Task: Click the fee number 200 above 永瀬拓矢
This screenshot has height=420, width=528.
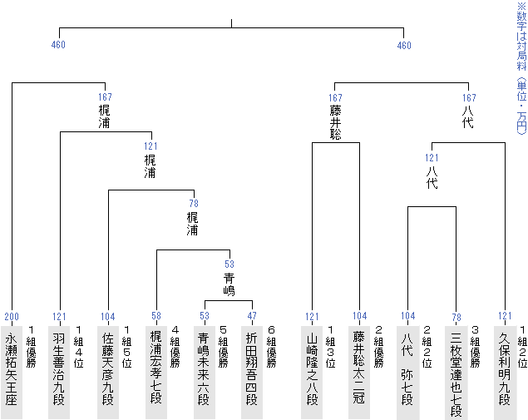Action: click(12, 317)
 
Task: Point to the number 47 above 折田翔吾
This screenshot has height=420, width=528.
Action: click(253, 317)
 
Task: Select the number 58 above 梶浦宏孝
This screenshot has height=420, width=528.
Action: click(156, 317)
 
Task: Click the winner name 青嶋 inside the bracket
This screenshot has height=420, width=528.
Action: click(229, 284)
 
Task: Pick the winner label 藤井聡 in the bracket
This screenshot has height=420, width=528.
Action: click(336, 121)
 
